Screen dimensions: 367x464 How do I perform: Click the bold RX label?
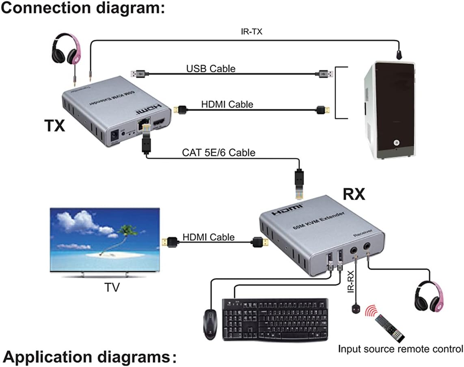click(354, 195)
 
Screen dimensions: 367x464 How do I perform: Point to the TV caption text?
click(112, 287)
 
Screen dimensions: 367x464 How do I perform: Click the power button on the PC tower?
click(397, 143)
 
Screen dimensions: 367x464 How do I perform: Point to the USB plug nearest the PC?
click(325, 74)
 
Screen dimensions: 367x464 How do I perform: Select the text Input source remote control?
click(400, 348)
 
